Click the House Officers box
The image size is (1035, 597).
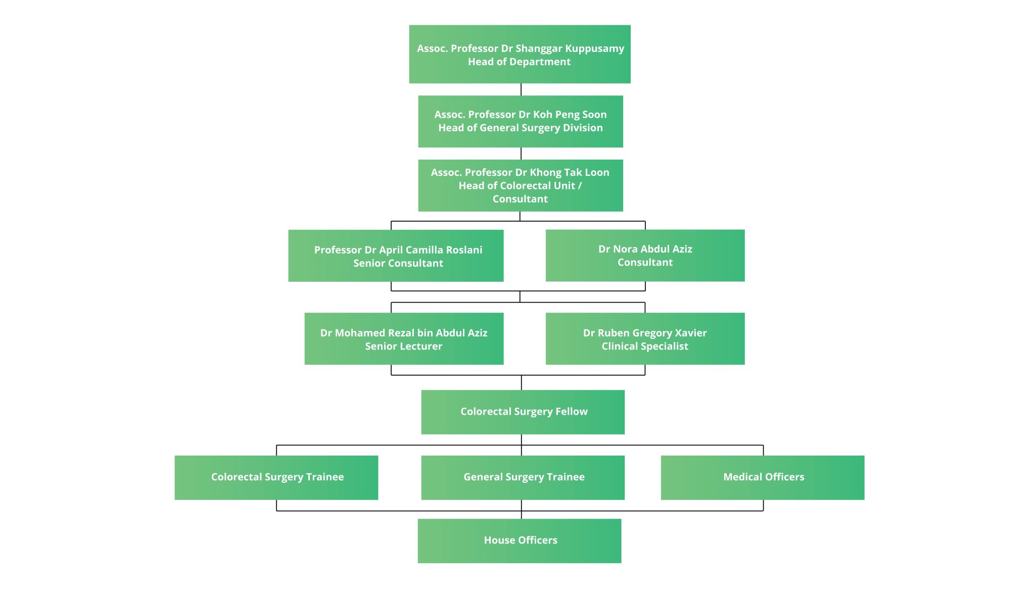pos(520,540)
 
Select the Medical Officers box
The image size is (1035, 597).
pos(762,477)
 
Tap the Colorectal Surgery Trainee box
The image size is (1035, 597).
pos(276,477)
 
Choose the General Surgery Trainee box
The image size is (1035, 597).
pos(523,477)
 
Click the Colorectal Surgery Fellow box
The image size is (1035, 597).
pos(523,412)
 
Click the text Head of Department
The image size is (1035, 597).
pos(519,62)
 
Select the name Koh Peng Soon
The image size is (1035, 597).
pos(570,115)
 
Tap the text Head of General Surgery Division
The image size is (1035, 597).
pos(520,128)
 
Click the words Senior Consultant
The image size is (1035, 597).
pos(398,263)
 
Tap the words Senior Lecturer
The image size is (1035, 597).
pos(403,346)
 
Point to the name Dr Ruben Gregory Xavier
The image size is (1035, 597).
pos(644,333)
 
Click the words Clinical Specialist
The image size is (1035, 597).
pos(644,346)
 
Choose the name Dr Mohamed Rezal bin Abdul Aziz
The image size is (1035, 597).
pos(403,333)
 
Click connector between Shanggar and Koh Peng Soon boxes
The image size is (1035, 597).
pos(521,89)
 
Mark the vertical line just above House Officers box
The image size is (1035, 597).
pos(522,514)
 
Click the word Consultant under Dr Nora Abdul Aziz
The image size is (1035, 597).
pos(645,262)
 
